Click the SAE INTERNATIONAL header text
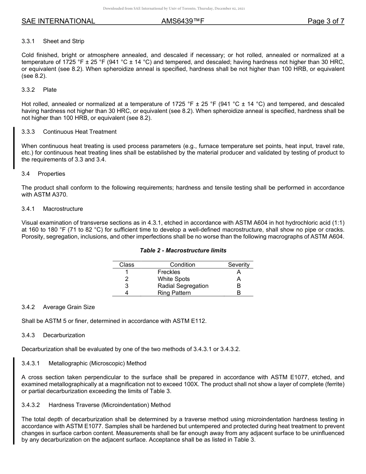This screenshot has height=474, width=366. tap(58, 21)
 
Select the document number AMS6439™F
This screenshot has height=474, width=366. tap(183, 21)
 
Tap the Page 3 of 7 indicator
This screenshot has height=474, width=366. tap(326, 21)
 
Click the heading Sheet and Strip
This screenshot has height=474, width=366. tap(64, 41)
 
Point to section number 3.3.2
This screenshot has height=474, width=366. tap(28, 90)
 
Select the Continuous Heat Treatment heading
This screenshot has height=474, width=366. tap(80, 132)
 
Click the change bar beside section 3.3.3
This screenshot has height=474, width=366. tap(14, 148)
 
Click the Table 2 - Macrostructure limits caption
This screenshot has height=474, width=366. tap(183, 250)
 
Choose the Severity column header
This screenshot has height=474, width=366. tap(238, 265)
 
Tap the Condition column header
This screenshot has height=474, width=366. tap(182, 265)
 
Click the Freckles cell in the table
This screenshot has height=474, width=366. tap(169, 272)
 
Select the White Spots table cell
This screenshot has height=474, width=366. tap(173, 279)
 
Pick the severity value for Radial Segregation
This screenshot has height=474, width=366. tap(238, 286)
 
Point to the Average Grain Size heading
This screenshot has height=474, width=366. tap(69, 307)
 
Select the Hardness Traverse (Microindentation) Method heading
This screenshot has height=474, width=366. tap(109, 405)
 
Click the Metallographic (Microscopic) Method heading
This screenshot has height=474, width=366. tap(97, 363)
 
